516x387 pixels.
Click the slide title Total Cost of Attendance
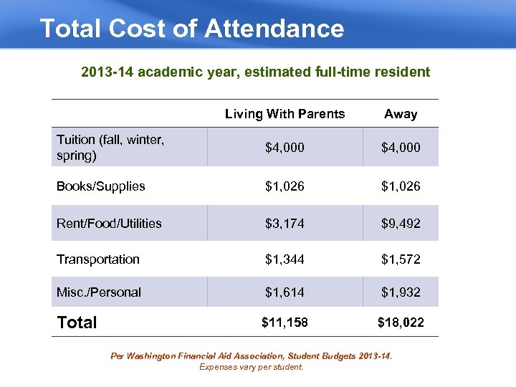point(191,29)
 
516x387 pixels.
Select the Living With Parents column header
point(285,114)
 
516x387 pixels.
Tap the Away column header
point(401,114)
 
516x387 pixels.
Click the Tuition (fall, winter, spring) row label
point(110,147)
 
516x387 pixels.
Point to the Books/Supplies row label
point(101,186)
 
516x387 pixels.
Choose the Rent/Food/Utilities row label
point(109,224)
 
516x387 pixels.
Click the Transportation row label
point(98,259)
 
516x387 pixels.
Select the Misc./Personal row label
point(99,292)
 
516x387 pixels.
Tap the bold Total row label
point(77,322)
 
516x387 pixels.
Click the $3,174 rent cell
point(285,224)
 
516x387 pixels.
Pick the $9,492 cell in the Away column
point(401,224)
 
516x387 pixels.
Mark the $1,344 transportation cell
point(285,259)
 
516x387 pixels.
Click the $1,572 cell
point(401,259)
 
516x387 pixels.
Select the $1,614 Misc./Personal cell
point(285,292)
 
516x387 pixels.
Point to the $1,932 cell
point(401,292)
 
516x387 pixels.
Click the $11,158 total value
point(285,322)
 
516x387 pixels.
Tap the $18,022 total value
point(401,322)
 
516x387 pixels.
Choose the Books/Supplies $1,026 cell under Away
point(401,186)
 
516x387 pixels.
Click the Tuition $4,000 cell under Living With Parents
point(285,148)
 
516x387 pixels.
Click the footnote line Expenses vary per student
point(251,367)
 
